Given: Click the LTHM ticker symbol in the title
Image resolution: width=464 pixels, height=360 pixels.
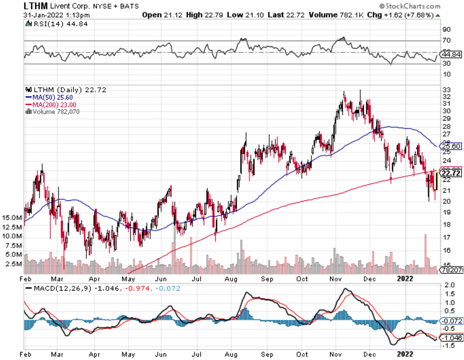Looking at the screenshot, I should click(36, 6).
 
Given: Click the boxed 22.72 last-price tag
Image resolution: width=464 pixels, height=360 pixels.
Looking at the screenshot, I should click(451, 173).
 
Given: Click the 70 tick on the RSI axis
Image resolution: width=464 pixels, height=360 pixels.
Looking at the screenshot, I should click(447, 40).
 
